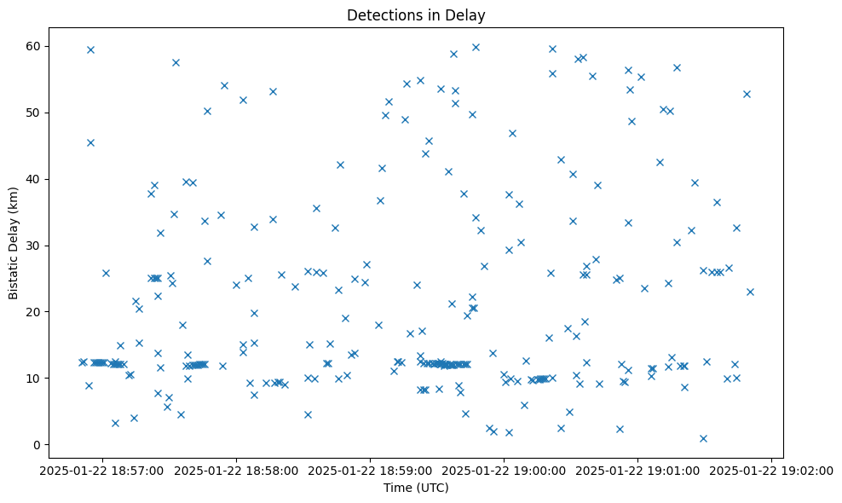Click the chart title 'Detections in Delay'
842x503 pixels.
[416, 14]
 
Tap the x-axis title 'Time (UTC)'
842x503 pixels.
[416, 488]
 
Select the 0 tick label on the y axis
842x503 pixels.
[37, 445]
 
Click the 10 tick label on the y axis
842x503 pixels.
[34, 379]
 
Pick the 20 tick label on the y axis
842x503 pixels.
[34, 312]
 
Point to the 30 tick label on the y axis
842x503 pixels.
[34, 246]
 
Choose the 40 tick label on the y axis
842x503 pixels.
[34, 179]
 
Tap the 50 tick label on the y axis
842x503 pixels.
[34, 113]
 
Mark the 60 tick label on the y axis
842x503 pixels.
[34, 46]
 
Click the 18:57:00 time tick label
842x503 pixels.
[102, 469]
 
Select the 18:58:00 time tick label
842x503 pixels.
[237, 469]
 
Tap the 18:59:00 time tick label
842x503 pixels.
[371, 469]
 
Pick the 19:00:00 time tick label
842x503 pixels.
[505, 469]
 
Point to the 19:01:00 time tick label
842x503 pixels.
[638, 469]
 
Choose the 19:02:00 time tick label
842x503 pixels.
[772, 469]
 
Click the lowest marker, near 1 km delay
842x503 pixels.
[703, 438]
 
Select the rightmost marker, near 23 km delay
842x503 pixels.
[750, 292]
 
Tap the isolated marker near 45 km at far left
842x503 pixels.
[90, 142]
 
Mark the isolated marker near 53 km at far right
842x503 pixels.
[747, 94]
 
